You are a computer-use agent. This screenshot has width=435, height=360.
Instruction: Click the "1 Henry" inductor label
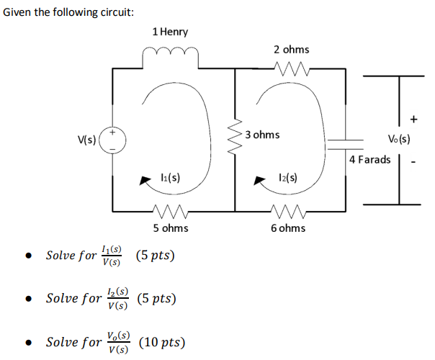[x=170, y=32]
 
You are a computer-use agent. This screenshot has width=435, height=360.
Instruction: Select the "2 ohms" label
[x=291, y=49]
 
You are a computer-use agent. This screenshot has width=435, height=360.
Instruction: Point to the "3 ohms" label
[x=262, y=135]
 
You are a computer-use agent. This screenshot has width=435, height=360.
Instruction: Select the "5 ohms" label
[x=171, y=228]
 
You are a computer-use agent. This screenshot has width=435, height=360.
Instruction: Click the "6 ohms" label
[x=287, y=228]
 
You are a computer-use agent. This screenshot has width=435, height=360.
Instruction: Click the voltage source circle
[x=112, y=139]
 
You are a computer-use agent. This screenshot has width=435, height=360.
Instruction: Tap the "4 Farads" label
[x=369, y=159]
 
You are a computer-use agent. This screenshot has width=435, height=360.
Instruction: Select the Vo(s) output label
[x=398, y=140]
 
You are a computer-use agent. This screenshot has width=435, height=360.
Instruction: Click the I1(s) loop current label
[x=170, y=176]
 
